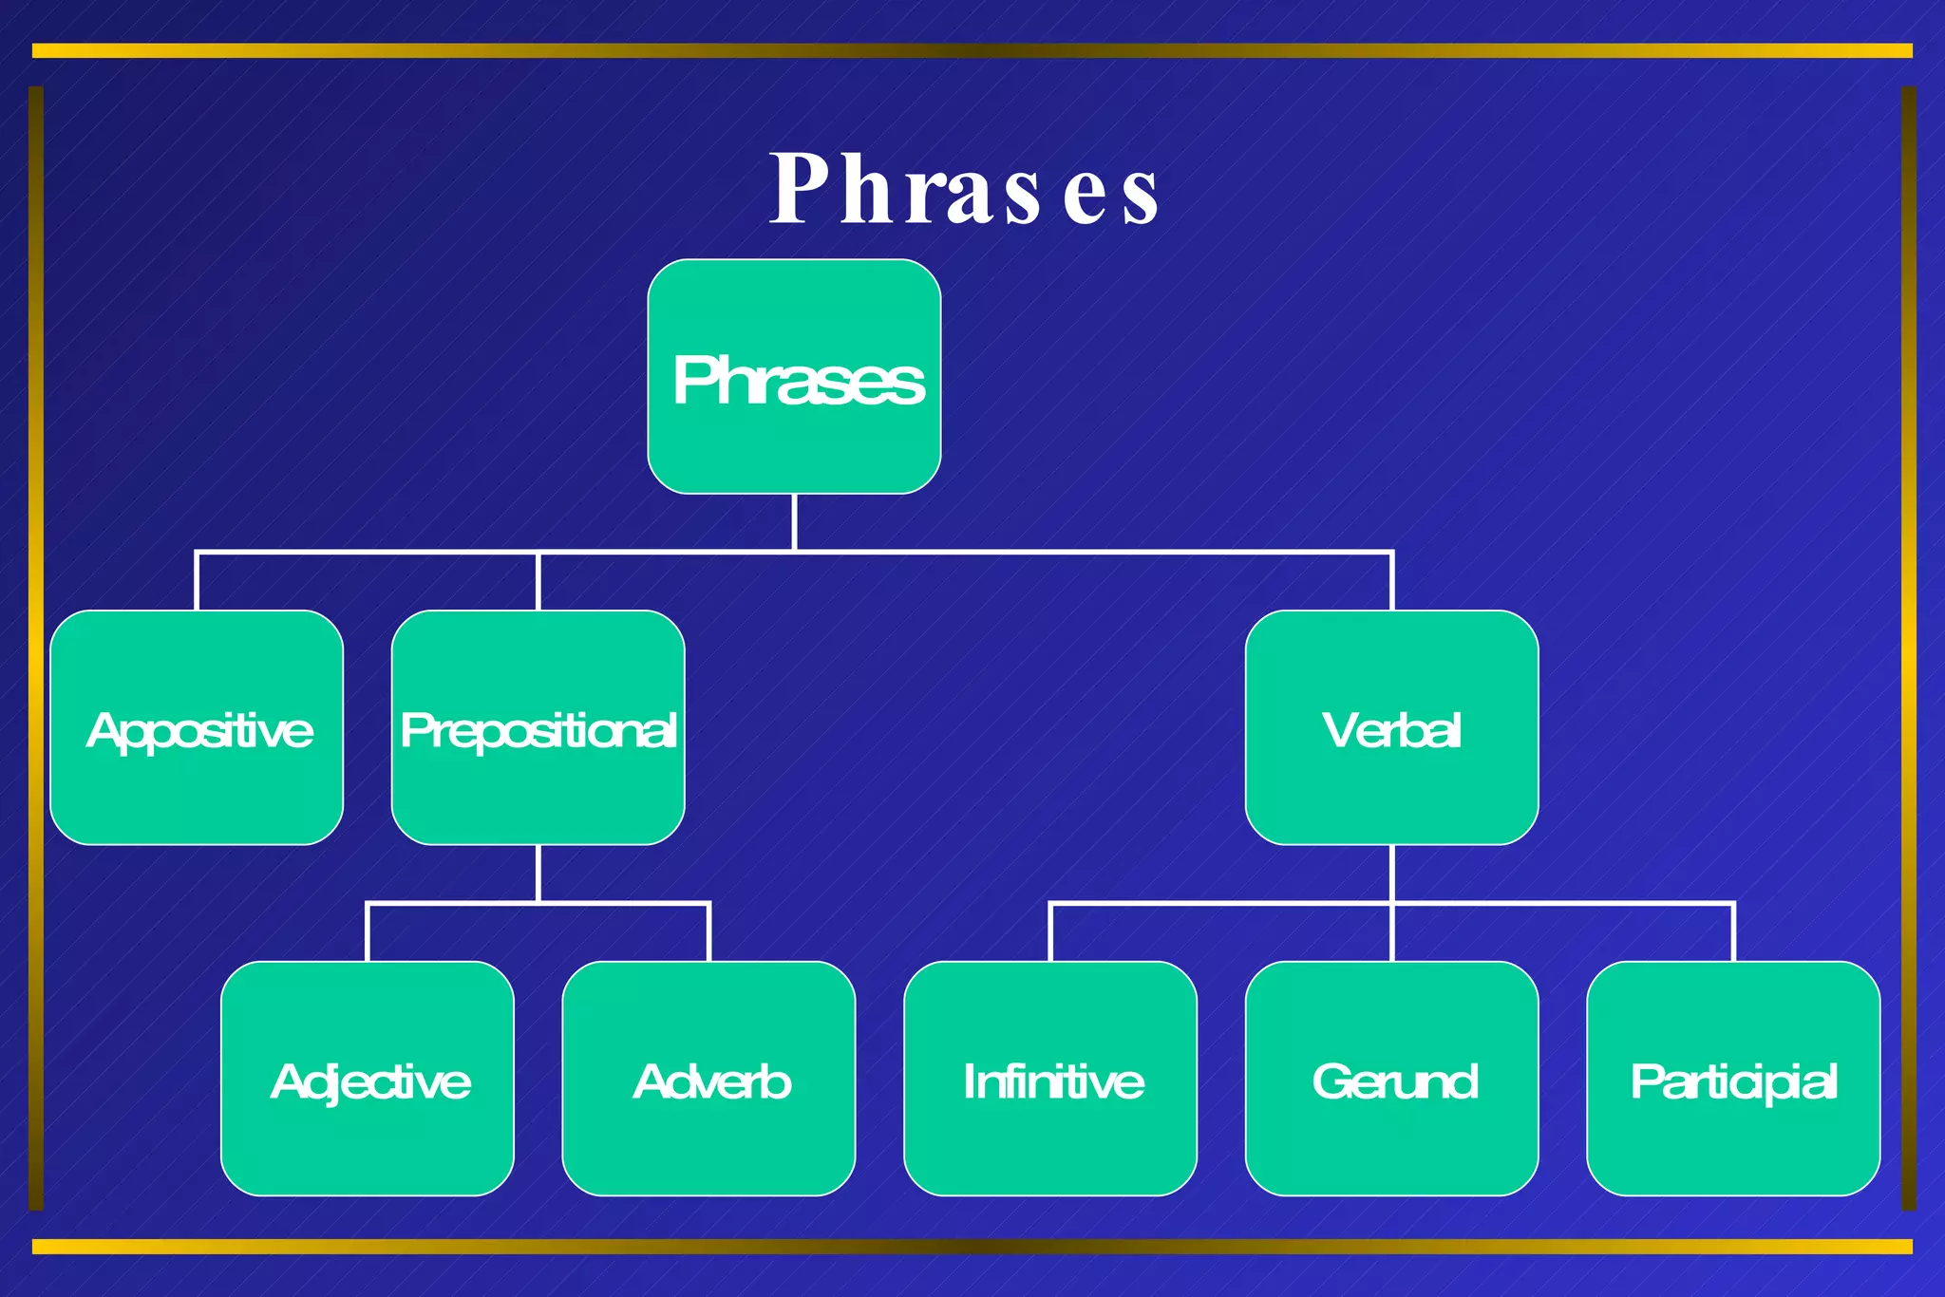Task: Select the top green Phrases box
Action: [x=794, y=377]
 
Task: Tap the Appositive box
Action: [x=197, y=727]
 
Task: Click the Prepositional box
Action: [x=538, y=727]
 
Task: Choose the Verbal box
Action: [x=1391, y=727]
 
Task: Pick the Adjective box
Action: [x=368, y=1079]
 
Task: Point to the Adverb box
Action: [x=708, y=1079]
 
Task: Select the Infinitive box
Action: [x=1050, y=1079]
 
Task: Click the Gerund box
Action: [x=1391, y=1079]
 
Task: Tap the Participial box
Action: [x=1733, y=1079]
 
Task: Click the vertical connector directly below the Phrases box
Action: [x=794, y=521]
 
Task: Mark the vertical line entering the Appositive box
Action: [x=197, y=581]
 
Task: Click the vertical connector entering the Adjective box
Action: [x=368, y=932]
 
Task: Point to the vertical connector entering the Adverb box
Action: [x=708, y=932]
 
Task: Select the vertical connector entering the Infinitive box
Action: [x=1050, y=932]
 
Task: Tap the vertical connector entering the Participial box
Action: [x=1733, y=932]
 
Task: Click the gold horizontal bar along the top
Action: [x=972, y=50]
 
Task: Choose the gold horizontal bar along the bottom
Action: [x=972, y=1246]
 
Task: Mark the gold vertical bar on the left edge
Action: [x=36, y=648]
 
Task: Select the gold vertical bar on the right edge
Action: [x=1908, y=648]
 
